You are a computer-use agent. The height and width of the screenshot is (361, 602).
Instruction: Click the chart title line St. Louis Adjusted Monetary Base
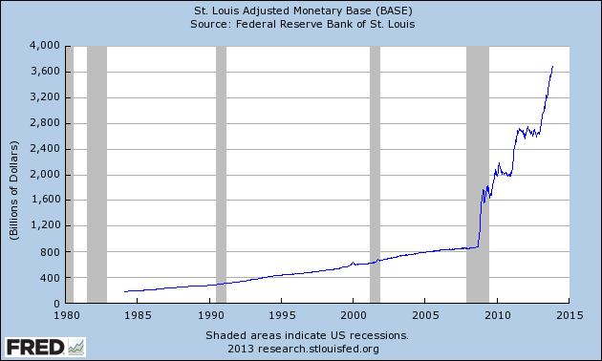300,11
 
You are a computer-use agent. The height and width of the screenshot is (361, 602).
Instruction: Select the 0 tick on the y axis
56,304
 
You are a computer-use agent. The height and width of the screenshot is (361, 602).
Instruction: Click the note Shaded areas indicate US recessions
307,335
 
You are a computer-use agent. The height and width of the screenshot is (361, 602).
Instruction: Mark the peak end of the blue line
553,66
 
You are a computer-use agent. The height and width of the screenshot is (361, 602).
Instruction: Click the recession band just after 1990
221,174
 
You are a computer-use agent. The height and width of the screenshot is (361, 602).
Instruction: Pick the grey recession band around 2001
376,174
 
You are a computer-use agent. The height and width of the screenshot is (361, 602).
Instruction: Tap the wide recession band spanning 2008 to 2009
477,174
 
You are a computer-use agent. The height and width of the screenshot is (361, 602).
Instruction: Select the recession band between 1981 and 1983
97,174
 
